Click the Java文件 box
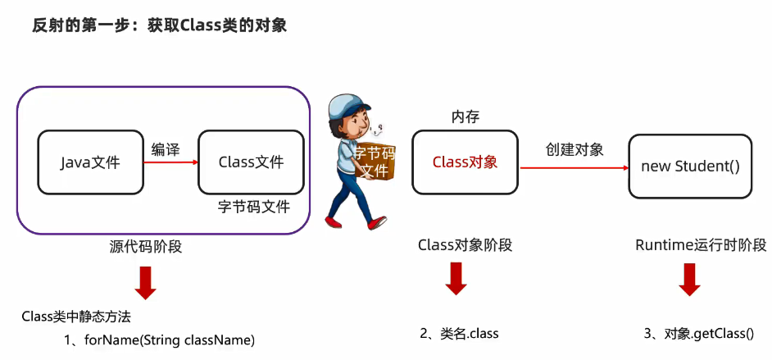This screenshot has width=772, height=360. point(90,162)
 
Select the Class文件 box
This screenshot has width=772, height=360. point(251,162)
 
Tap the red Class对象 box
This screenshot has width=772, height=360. point(465,162)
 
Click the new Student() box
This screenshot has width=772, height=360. point(690,166)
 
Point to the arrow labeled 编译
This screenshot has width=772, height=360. point(170,162)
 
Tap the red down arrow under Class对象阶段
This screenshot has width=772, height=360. point(456,278)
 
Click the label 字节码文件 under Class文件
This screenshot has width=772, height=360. point(254,206)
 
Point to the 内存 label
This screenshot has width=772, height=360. point(465,118)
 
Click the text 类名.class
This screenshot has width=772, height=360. point(459,333)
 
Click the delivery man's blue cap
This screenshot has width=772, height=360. point(347,108)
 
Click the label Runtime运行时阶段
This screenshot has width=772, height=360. point(701,245)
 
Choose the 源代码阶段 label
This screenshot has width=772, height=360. point(146,245)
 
